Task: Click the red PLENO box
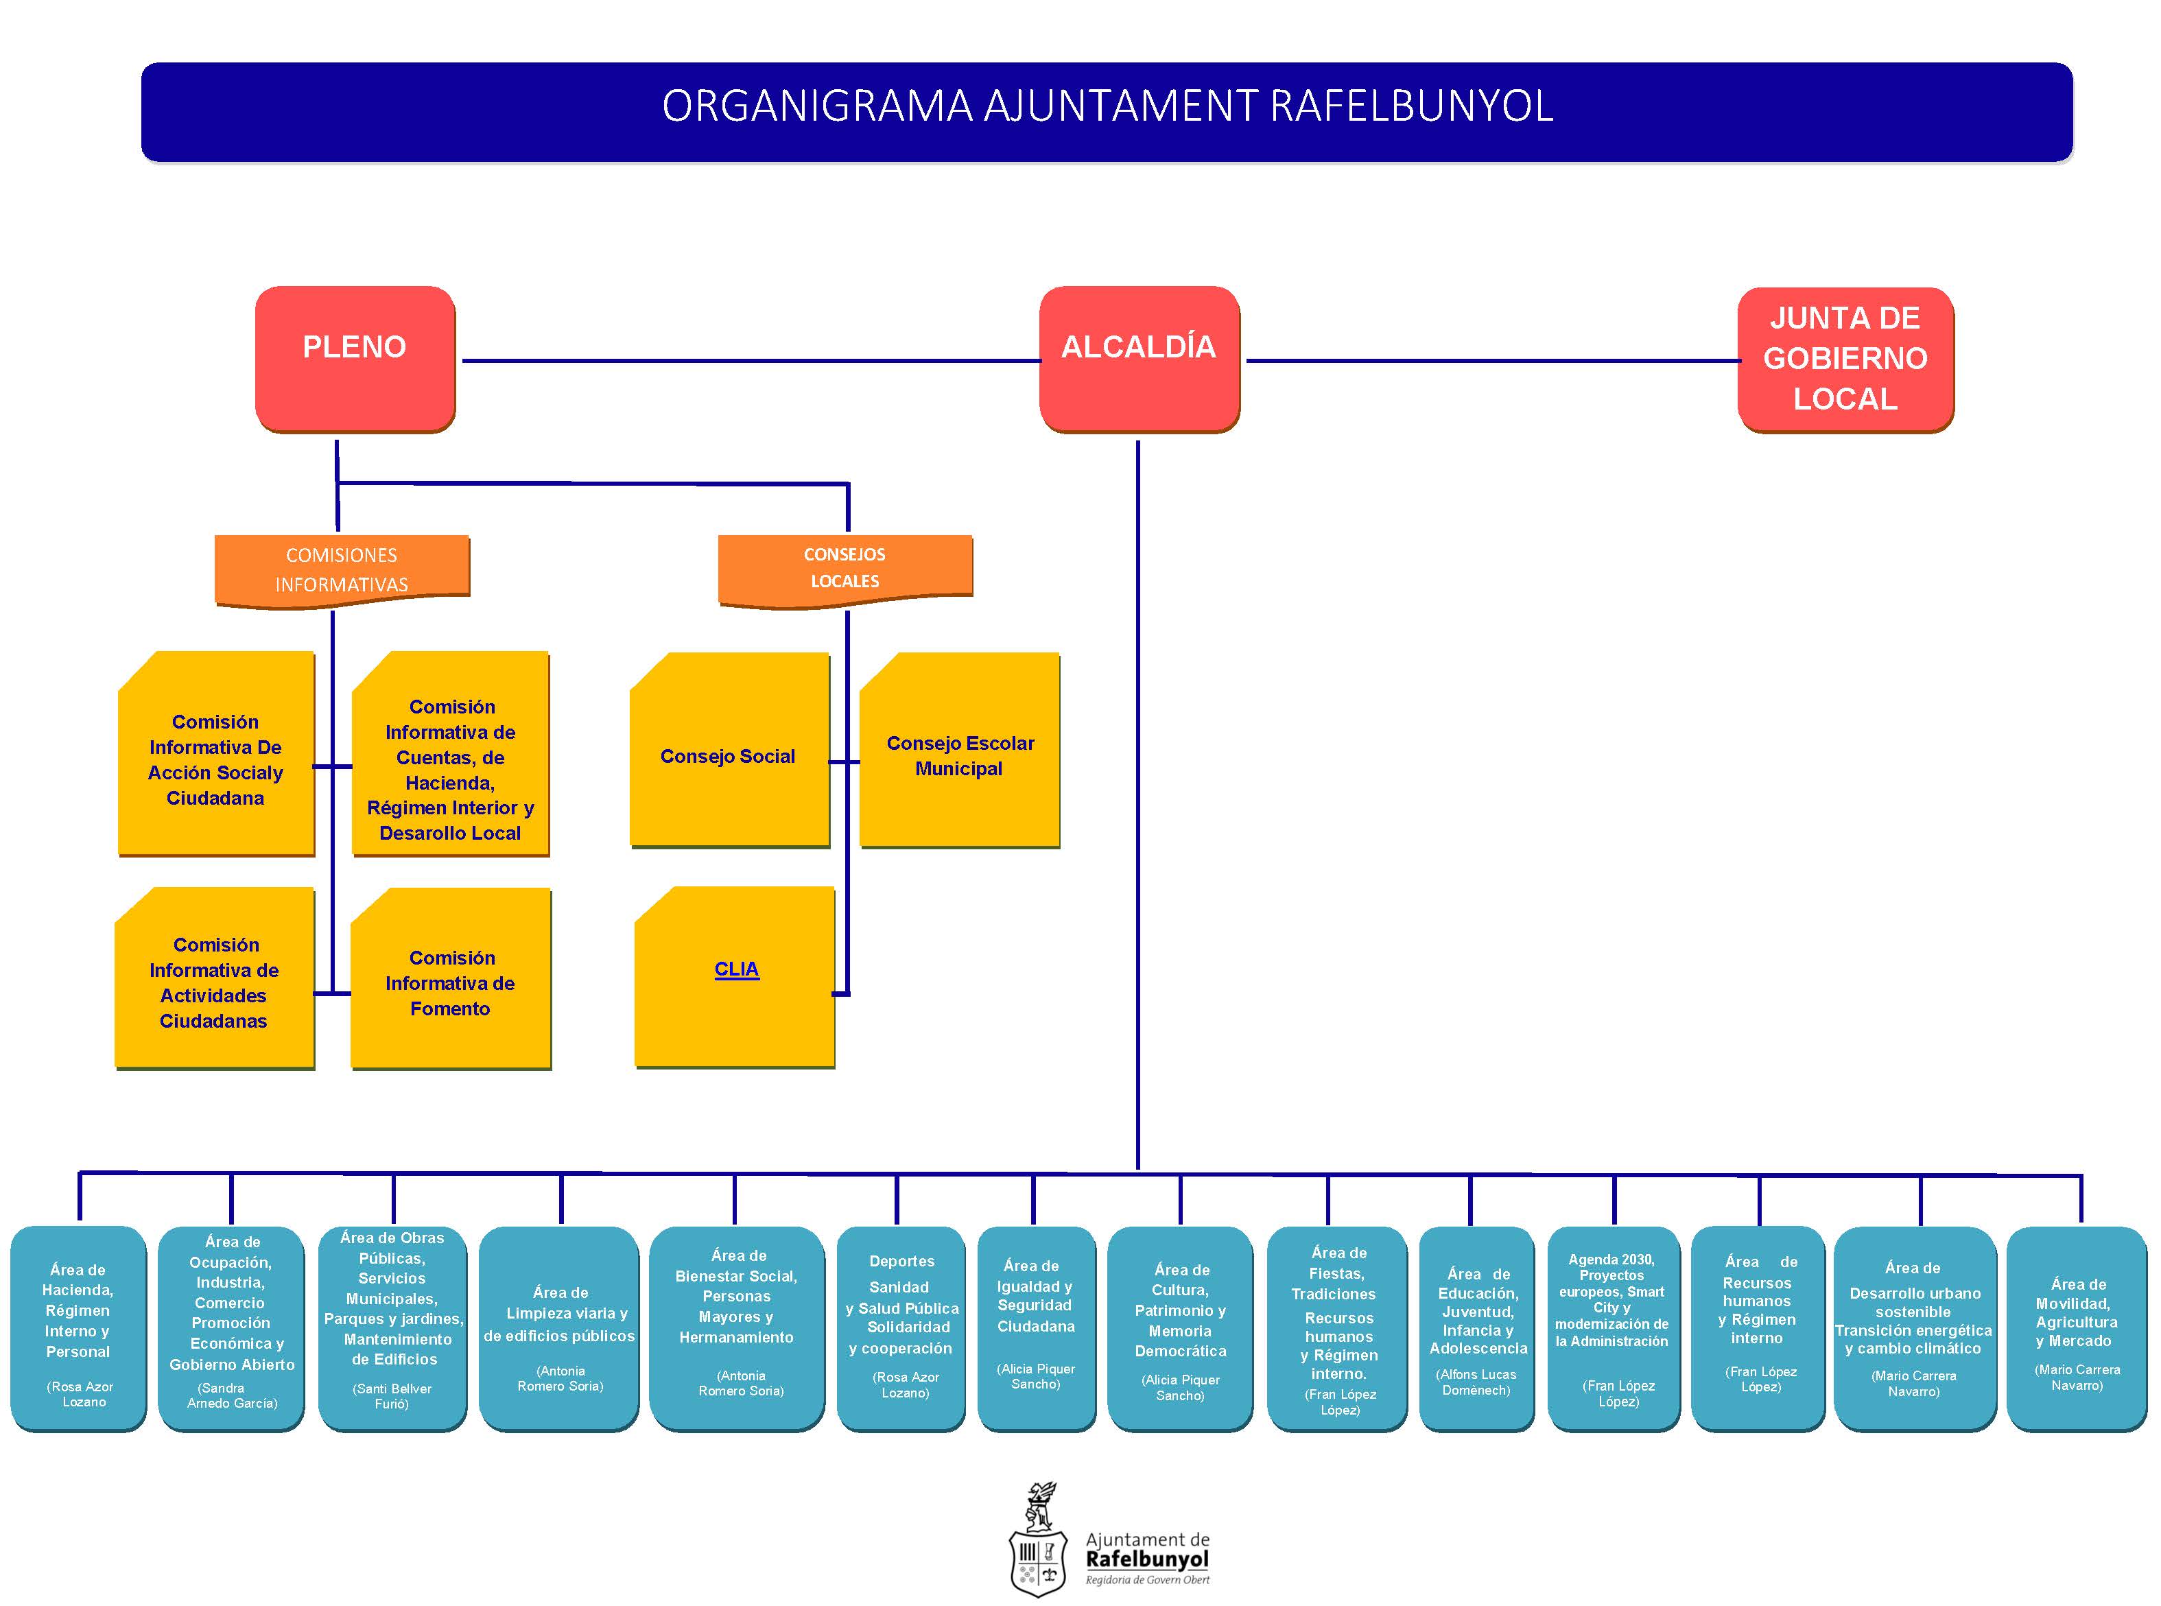(355, 357)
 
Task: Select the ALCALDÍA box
(1138, 357)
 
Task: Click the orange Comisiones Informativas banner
(341, 569)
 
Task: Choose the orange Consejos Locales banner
(844, 569)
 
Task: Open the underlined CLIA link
(736, 969)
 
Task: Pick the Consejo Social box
(728, 755)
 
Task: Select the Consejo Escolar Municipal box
(960, 755)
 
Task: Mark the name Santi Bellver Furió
(392, 1396)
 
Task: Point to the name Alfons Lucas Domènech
(1476, 1382)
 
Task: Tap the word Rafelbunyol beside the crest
(1147, 1559)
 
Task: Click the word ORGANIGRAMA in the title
(816, 106)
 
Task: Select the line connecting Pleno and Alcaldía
(748, 361)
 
